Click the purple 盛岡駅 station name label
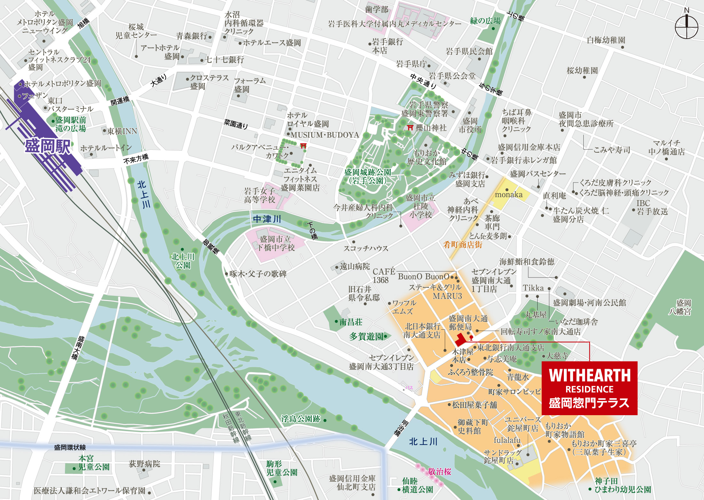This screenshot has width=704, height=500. (x=48, y=147)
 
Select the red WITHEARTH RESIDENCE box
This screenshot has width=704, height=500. (x=589, y=388)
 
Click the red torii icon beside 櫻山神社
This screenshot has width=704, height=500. (x=410, y=128)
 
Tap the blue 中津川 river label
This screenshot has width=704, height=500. (x=267, y=219)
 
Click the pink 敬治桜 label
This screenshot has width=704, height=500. (x=439, y=472)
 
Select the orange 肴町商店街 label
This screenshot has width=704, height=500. (x=462, y=245)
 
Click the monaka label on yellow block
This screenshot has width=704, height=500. (x=508, y=195)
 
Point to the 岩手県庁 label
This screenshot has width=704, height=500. (x=411, y=64)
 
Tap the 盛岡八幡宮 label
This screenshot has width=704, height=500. (x=680, y=307)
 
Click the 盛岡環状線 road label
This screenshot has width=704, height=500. (x=70, y=448)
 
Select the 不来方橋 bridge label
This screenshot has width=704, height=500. (x=136, y=158)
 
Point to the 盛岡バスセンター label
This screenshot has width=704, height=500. (x=538, y=174)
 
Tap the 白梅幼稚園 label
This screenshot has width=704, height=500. (x=606, y=40)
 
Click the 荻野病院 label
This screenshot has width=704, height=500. (x=144, y=464)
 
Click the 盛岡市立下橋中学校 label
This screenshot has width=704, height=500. (x=276, y=243)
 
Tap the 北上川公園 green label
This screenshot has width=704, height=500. (x=182, y=261)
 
